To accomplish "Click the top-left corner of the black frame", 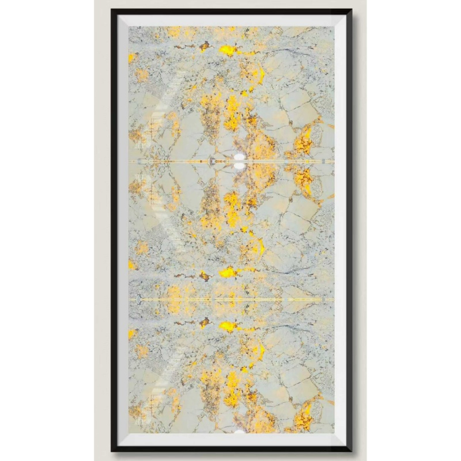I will pyautogui.click(x=112, y=9).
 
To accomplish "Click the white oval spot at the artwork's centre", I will pyautogui.click(x=239, y=161).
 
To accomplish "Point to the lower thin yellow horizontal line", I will pyautogui.click(x=231, y=300).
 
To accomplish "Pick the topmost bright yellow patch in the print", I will pyautogui.click(x=228, y=51).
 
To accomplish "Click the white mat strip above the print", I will pyautogui.click(x=231, y=20).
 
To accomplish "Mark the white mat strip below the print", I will pyautogui.click(x=231, y=439).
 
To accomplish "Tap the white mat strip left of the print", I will pyautogui.click(x=123, y=231).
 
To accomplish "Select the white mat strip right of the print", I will pyautogui.click(x=340, y=231).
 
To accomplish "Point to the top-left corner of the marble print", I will pyautogui.click(x=129, y=27).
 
